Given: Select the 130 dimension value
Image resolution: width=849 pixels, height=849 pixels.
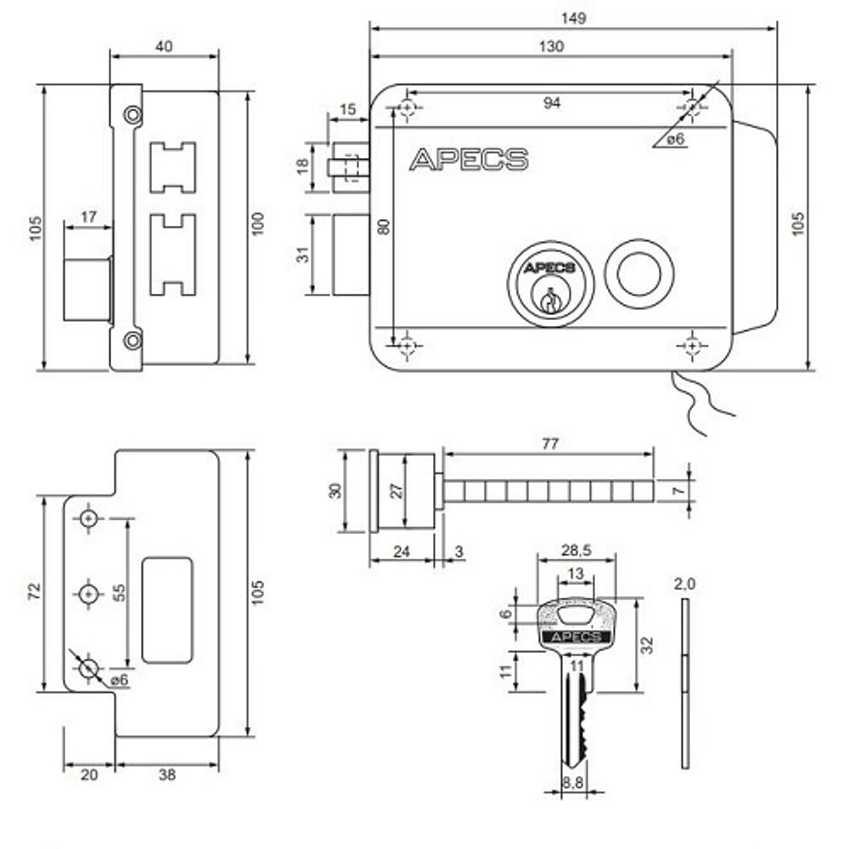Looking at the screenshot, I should coord(550,47).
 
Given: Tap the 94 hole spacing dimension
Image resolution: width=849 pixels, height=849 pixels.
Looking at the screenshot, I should coord(551,103).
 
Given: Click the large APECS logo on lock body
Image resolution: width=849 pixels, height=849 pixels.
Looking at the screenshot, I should coord(469,160).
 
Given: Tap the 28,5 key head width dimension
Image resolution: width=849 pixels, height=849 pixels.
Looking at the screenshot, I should coord(577,550).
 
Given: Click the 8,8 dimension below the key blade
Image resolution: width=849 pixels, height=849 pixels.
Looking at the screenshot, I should coord(573,786).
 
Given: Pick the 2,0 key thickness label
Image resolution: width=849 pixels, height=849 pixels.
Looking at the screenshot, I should coord(684,584).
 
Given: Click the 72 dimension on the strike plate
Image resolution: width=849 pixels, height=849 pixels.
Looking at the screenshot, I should coord(35,592).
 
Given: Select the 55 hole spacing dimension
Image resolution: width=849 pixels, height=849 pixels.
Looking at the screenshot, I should coord(120,592).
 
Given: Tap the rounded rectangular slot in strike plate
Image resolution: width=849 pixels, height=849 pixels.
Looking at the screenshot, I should coord(166,609).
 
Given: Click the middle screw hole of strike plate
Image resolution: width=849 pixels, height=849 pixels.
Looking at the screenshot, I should coord(89,593).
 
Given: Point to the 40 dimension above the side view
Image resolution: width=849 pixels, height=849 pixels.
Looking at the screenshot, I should coord(165,47).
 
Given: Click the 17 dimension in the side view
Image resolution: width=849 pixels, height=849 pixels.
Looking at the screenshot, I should coord(88,216).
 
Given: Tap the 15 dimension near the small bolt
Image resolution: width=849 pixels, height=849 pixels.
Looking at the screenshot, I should coord(347,110).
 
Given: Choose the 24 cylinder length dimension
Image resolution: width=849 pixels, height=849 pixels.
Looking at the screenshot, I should coord(402,552).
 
